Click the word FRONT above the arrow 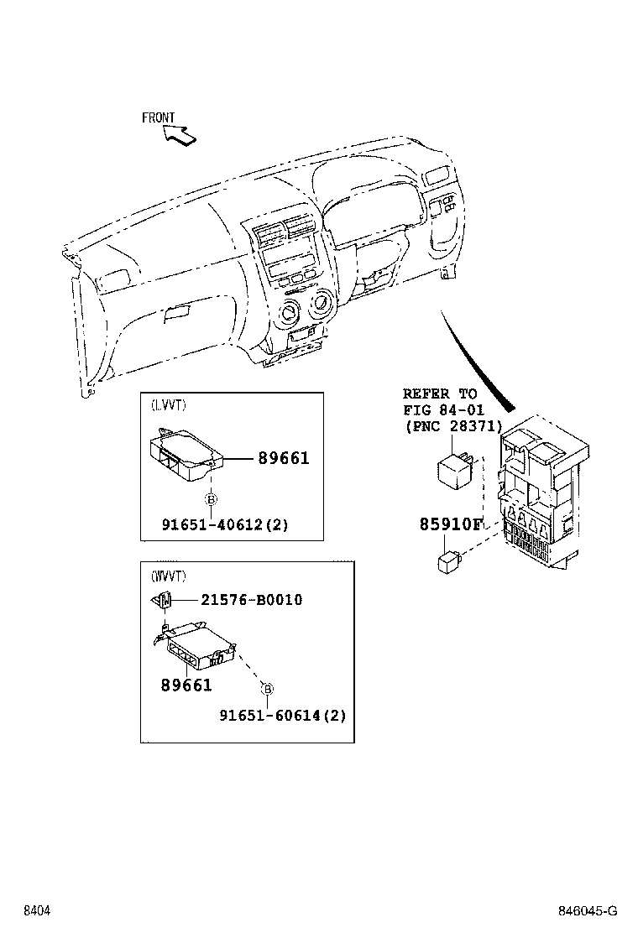click(x=158, y=117)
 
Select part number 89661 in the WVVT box click(x=186, y=685)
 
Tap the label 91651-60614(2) click(x=282, y=715)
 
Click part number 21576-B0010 click(x=251, y=600)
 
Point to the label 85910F click(x=452, y=525)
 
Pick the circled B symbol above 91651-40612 click(x=211, y=500)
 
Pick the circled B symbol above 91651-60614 click(x=267, y=690)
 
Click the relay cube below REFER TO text click(x=453, y=471)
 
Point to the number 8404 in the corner click(x=36, y=911)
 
